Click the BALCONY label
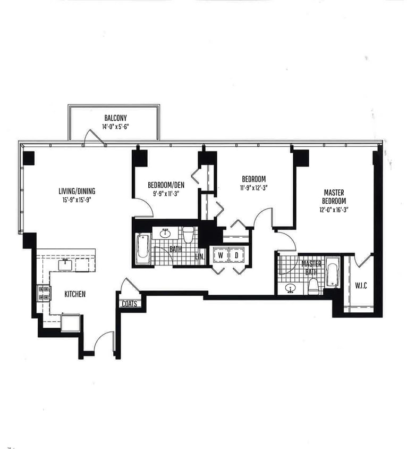(x=115, y=118)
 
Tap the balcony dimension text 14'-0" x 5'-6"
(x=115, y=127)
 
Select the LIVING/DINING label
(x=77, y=191)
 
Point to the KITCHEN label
(x=75, y=294)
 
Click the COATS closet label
(x=130, y=304)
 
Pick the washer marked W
(x=220, y=255)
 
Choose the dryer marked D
(x=238, y=255)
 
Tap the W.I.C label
(x=361, y=286)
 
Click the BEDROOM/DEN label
(x=166, y=185)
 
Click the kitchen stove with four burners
(x=44, y=293)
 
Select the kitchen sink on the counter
(x=66, y=264)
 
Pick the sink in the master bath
(x=290, y=288)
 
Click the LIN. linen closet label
(x=200, y=257)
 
